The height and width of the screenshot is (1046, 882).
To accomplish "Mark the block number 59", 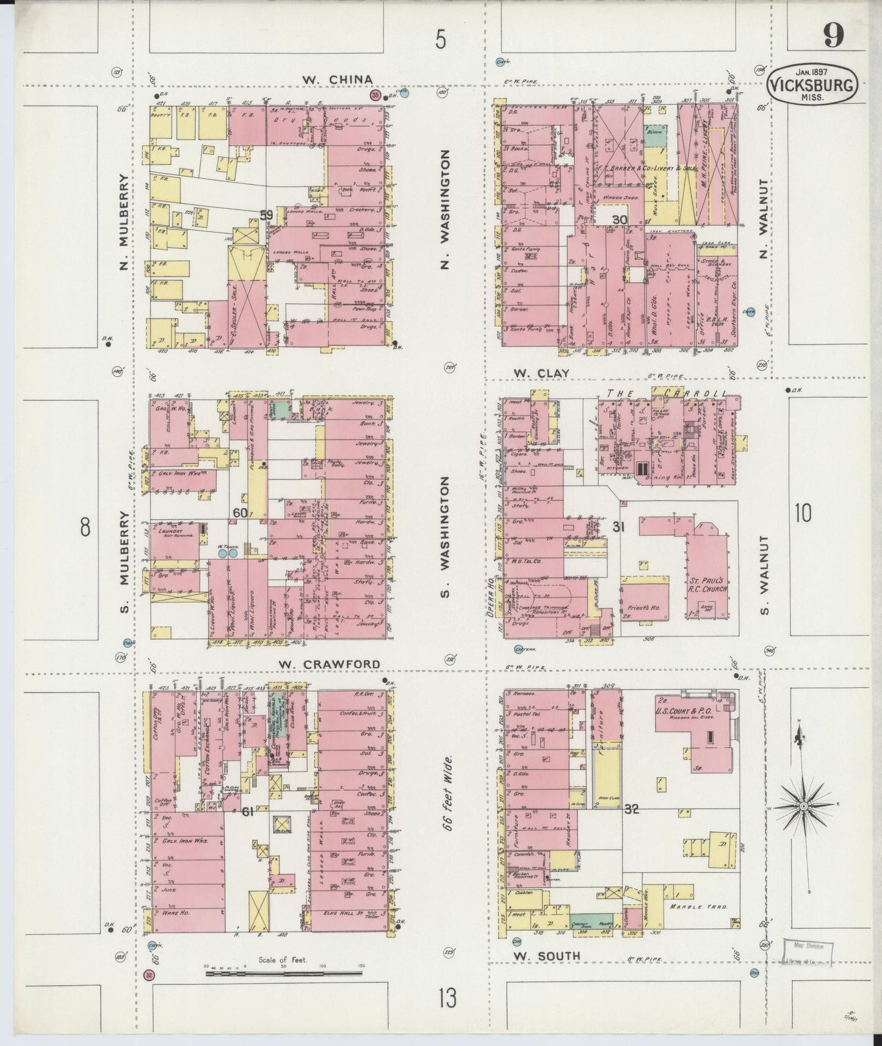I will click(266, 215).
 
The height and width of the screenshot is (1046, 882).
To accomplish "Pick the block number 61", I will click(247, 812).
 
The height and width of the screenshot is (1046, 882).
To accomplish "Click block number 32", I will click(631, 810).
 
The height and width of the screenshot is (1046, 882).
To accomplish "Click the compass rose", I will click(804, 806).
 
